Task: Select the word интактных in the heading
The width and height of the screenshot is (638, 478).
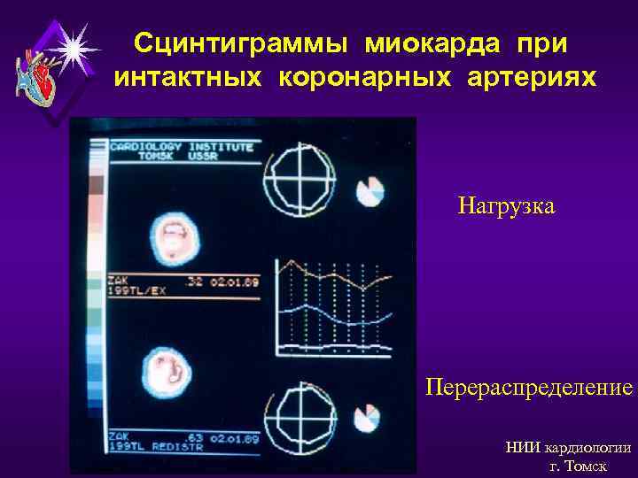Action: pyautogui.click(x=188, y=79)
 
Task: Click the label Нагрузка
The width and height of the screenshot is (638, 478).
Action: pyautogui.click(x=506, y=207)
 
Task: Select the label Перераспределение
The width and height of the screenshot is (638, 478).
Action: pyautogui.click(x=529, y=389)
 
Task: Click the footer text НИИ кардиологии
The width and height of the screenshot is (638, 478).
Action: pyautogui.click(x=568, y=448)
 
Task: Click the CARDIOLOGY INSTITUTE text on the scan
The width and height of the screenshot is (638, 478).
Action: pyautogui.click(x=182, y=147)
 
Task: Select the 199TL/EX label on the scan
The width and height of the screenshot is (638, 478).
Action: pyautogui.click(x=137, y=290)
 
